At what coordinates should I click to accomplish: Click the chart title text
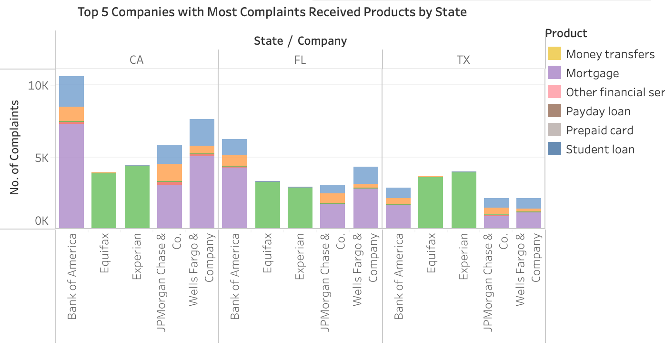point(272,12)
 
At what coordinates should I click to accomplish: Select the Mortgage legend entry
point(592,73)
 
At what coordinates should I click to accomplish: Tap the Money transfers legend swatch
point(554,54)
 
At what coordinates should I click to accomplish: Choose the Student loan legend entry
point(600,149)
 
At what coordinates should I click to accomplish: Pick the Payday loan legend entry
point(598,111)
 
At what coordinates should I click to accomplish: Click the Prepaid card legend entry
point(599,130)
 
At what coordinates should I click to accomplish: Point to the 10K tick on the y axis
point(39,86)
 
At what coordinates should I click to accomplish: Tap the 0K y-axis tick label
point(41,221)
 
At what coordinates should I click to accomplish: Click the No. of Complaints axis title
point(14,147)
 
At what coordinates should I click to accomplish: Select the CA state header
point(136,60)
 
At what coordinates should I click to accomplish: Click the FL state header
point(300,60)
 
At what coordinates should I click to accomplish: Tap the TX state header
point(463,60)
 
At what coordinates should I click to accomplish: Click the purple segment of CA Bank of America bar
point(71,176)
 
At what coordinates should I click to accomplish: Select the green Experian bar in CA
point(137,197)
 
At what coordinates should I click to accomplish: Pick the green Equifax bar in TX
point(431,202)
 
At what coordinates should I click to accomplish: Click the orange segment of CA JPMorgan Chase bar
point(170,172)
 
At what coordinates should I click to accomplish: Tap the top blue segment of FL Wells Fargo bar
point(366,175)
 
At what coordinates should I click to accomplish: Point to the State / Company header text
point(300,41)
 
